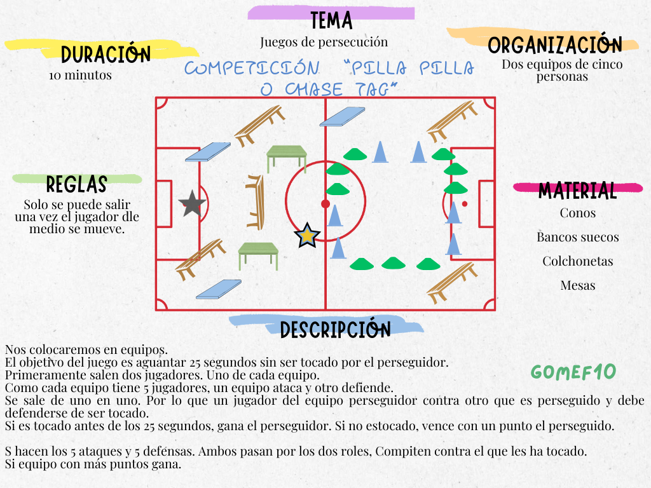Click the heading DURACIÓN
(x=106, y=55)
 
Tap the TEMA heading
(x=331, y=20)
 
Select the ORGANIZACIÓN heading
(x=554, y=45)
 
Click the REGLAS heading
(x=76, y=184)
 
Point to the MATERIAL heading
(x=577, y=190)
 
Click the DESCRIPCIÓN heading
(x=335, y=329)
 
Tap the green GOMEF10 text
(x=573, y=372)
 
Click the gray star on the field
(x=192, y=203)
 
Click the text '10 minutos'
(x=80, y=75)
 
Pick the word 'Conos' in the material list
(x=578, y=213)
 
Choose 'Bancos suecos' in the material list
(x=578, y=238)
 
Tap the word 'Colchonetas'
(x=578, y=261)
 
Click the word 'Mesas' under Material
(x=578, y=285)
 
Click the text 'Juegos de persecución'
(x=324, y=42)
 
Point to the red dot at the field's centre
(x=325, y=203)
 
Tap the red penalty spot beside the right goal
(x=465, y=203)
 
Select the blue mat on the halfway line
(x=342, y=116)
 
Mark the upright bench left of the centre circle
(x=256, y=201)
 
